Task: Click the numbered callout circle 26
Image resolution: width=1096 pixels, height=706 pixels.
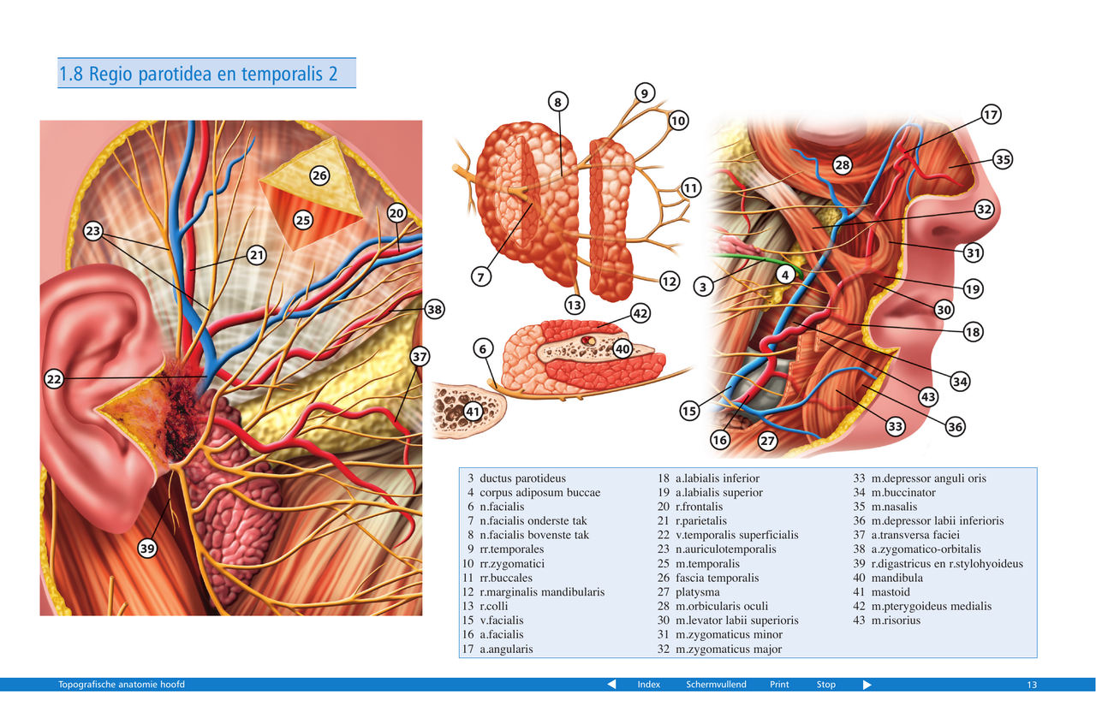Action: [319, 176]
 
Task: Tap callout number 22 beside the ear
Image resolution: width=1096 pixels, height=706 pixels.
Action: [54, 379]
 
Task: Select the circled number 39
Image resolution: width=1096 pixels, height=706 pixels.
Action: [147, 549]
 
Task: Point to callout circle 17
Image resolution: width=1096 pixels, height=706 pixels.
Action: [991, 115]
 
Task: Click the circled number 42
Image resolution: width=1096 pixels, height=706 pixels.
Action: [640, 313]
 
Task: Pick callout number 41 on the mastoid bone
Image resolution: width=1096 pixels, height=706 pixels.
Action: [474, 412]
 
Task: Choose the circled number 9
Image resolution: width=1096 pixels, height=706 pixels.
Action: [645, 92]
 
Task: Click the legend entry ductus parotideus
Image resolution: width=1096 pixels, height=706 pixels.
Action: [522, 478]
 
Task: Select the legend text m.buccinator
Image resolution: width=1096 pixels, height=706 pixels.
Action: [903, 493]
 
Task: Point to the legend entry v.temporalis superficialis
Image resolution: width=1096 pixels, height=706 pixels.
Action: [736, 535]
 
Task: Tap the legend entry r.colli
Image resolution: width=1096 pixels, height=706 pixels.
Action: [494, 606]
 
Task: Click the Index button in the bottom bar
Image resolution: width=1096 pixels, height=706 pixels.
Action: [648, 685]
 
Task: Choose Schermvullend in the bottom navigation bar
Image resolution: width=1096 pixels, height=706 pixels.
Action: [716, 685]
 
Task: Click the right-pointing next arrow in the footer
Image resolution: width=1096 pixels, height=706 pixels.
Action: [867, 685]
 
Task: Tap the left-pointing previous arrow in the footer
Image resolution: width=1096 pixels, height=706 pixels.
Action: [611, 685]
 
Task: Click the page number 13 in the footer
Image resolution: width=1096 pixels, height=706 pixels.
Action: [1032, 685]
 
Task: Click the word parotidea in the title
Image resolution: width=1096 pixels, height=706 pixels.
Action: [170, 74]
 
